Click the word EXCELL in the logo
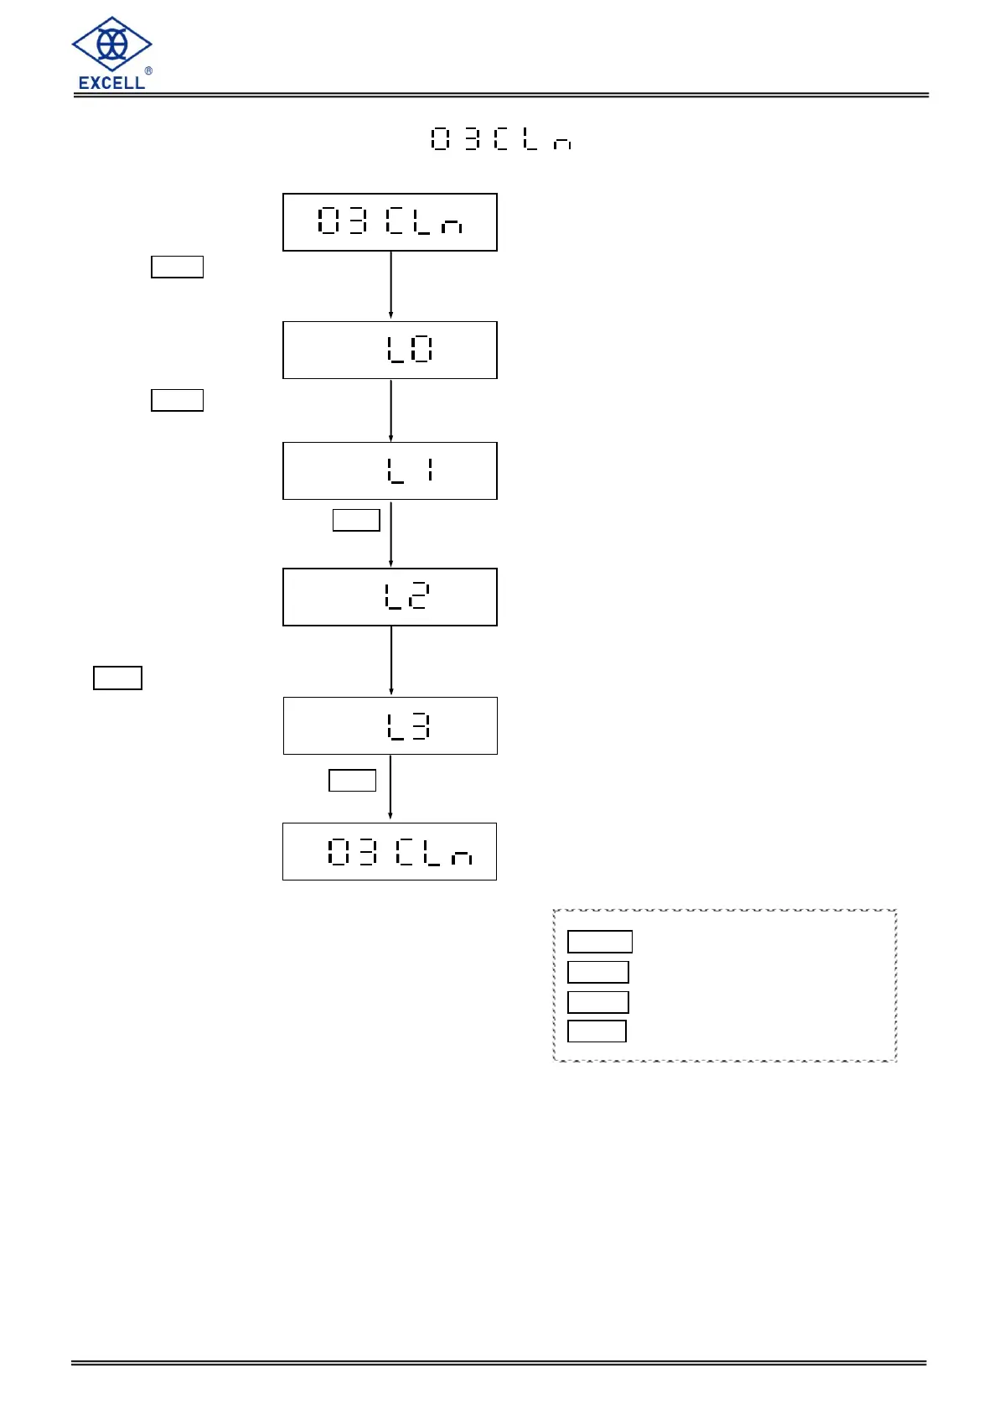tap(111, 82)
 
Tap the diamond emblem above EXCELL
tap(111, 44)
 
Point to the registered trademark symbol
tap(148, 71)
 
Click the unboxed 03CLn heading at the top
tap(501, 139)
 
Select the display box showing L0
tap(390, 350)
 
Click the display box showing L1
tap(390, 470)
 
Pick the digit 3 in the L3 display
tap(421, 726)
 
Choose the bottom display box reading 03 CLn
tap(390, 851)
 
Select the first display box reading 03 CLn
tap(390, 222)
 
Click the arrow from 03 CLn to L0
tap(390, 285)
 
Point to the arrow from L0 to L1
tap(390, 410)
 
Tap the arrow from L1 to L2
tap(390, 534)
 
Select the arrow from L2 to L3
tap(390, 661)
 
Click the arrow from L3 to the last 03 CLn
tap(390, 788)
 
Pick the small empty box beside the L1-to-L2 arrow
tap(356, 520)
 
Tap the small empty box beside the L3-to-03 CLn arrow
tap(352, 780)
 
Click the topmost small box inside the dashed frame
tap(600, 942)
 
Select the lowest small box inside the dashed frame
tap(597, 1031)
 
